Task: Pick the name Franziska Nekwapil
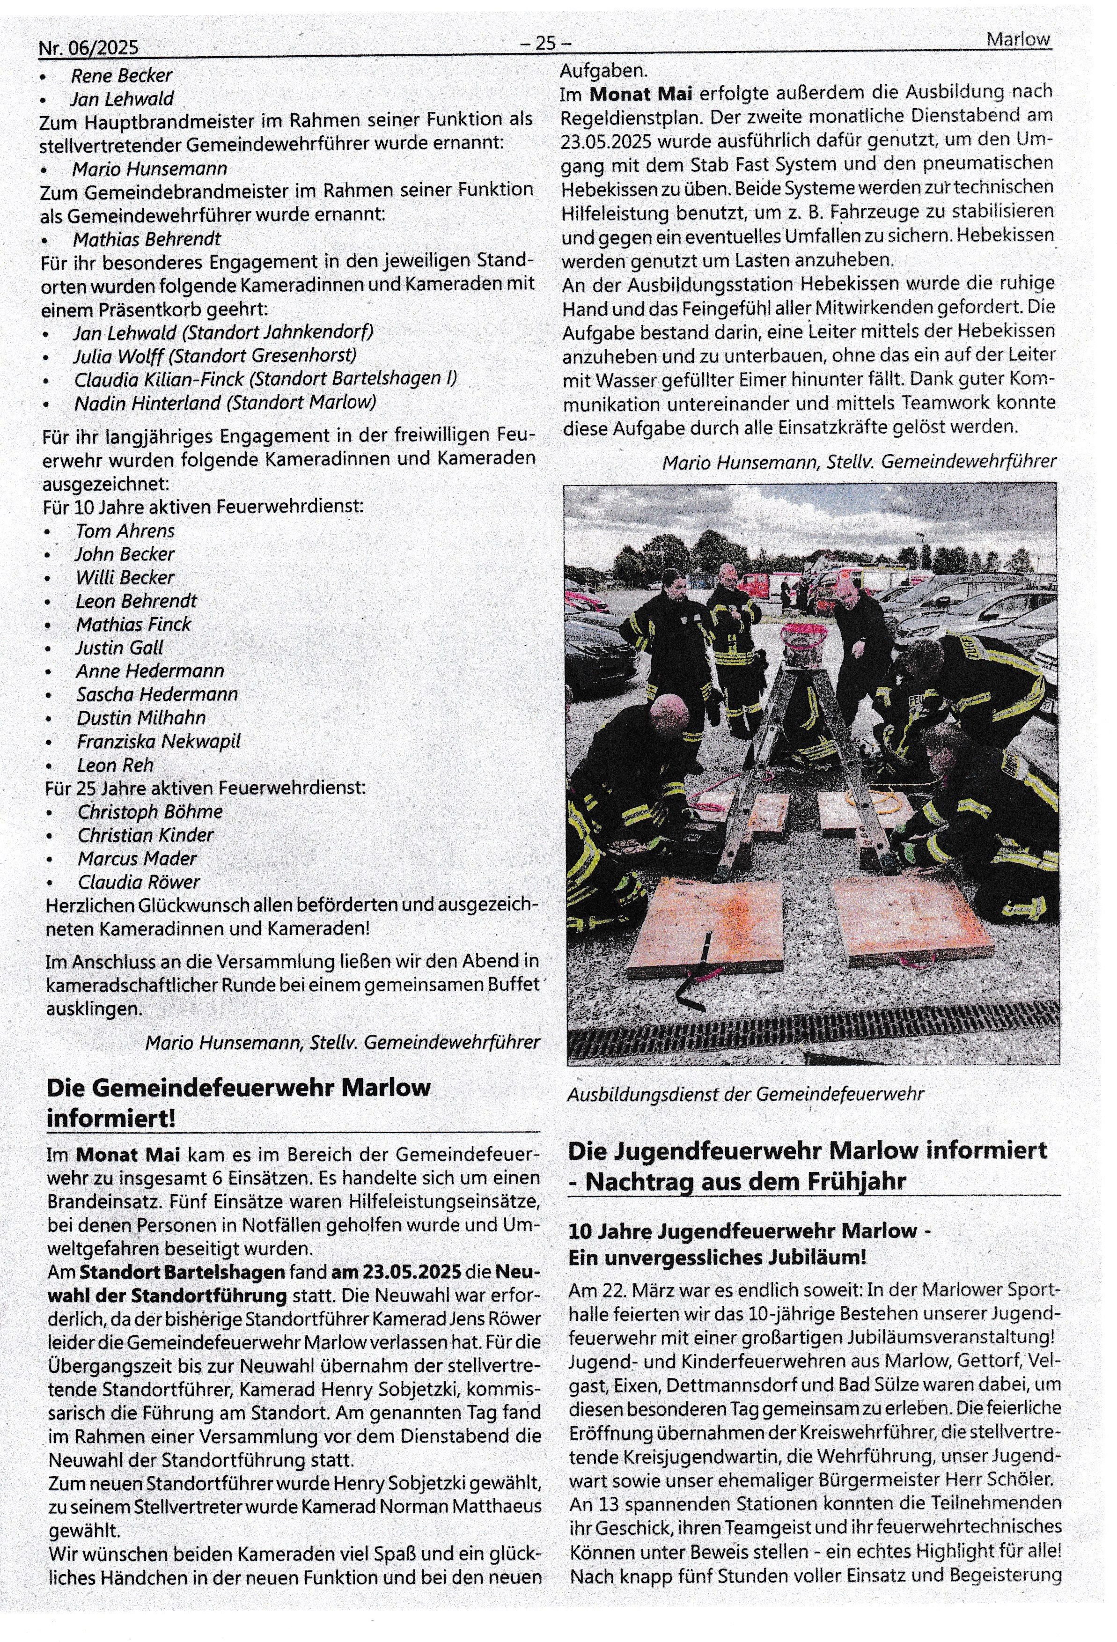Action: pos(159,741)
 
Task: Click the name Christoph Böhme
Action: pos(150,812)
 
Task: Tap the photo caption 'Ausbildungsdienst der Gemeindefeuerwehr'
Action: pos(745,1094)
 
